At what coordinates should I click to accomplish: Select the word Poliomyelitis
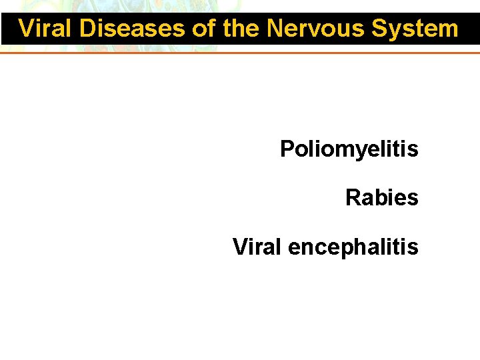tap(349, 149)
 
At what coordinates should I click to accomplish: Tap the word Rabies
tap(381, 197)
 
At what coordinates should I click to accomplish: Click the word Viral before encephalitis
tap(257, 247)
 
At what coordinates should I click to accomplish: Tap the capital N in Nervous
tap(275, 29)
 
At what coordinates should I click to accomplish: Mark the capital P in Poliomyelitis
tap(287, 149)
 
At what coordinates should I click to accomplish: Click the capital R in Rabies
tap(353, 197)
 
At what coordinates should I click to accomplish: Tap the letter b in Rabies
tap(379, 197)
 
